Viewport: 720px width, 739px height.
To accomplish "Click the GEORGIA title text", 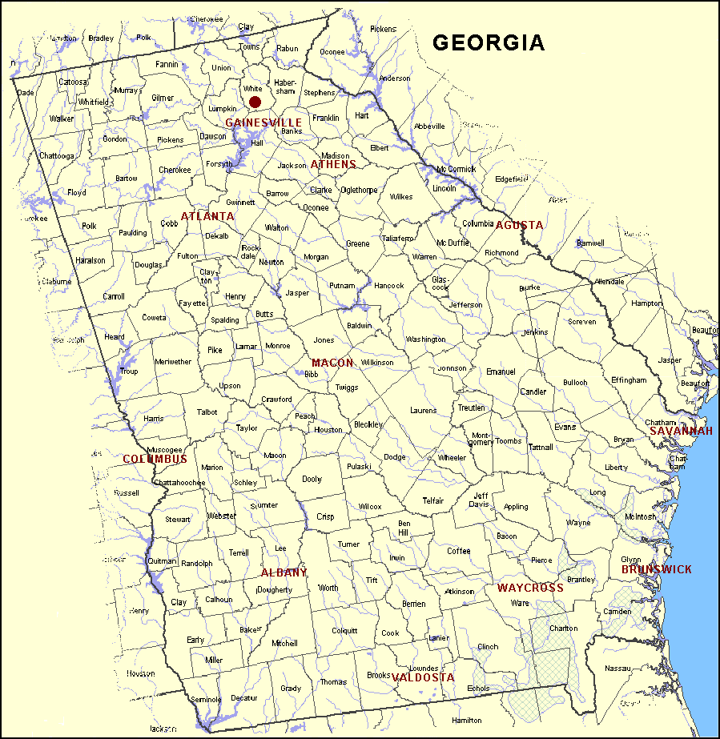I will tap(489, 42).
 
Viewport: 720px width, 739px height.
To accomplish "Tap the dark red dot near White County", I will tap(255, 102).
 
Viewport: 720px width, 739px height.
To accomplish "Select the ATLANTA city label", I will tap(207, 217).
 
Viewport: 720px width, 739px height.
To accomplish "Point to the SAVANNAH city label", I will tap(681, 431).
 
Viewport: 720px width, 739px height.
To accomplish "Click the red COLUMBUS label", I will tap(155, 459).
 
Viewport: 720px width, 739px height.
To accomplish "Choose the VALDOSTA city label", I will tap(423, 677).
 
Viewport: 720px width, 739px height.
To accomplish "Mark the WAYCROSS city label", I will tap(530, 588).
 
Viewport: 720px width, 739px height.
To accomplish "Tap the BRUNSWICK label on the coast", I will tap(657, 569).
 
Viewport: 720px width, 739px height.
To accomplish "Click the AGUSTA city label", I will tap(519, 225).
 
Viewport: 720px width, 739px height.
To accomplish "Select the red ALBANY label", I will tap(284, 572).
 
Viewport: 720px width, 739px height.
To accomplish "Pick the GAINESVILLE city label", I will tap(263, 122).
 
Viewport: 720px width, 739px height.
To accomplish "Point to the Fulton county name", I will tap(187, 256).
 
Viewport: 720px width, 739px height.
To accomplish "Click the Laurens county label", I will tap(424, 411).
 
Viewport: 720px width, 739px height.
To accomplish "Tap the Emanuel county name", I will tap(501, 372).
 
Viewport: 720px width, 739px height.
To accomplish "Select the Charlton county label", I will tap(564, 629).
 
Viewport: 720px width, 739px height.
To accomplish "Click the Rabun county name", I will tap(287, 49).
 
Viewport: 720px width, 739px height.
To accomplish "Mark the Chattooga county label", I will tap(55, 155).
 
